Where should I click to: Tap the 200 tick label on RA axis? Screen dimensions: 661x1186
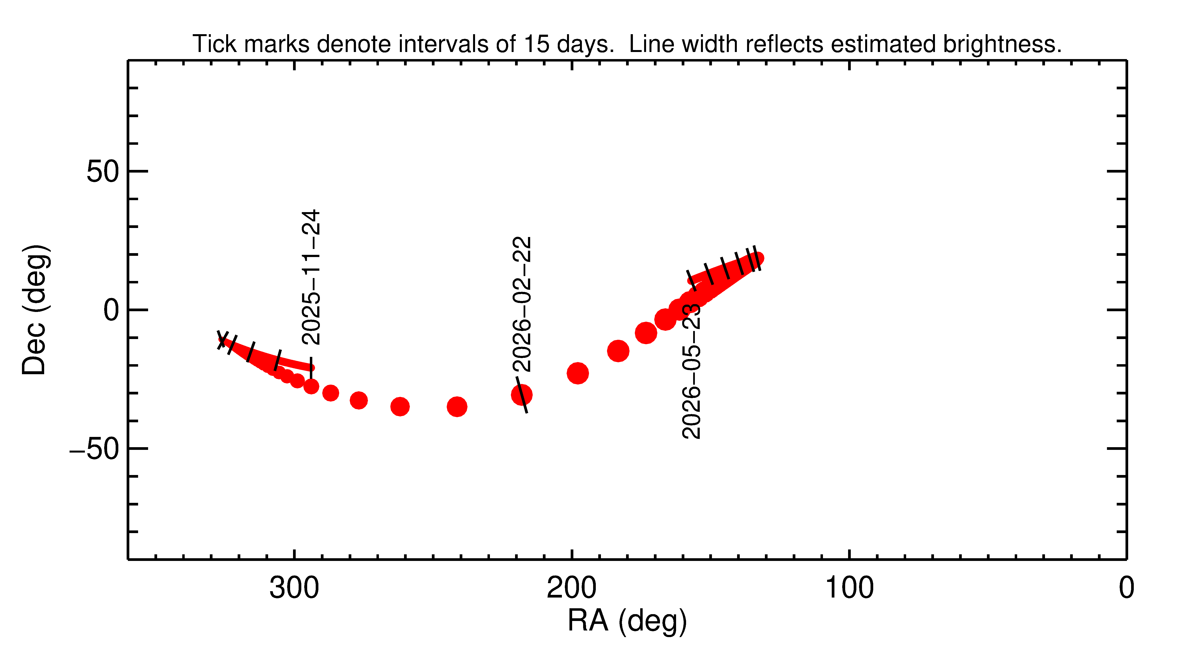pyautogui.click(x=571, y=588)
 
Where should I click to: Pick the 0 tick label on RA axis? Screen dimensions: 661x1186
pyautogui.click(x=1126, y=588)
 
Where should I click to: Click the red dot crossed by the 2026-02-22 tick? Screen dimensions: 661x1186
pyautogui.click(x=522, y=395)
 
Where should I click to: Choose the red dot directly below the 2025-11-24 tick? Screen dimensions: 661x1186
pyautogui.click(x=311, y=386)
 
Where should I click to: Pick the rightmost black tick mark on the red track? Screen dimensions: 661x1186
pyautogui.click(x=756, y=258)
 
